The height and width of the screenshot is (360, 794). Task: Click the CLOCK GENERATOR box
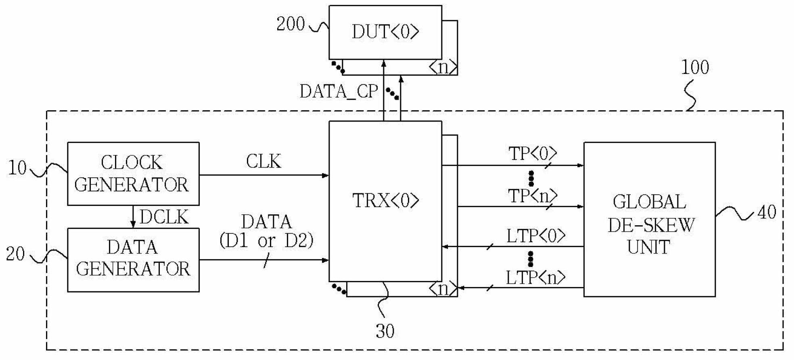133,174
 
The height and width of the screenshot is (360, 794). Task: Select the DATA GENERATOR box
133,260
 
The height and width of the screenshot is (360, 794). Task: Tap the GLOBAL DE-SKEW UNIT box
650,219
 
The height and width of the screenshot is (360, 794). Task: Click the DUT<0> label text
385,31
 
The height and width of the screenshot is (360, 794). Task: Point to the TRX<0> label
386,200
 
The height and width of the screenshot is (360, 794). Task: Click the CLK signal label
263,161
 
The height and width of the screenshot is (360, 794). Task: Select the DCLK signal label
164,217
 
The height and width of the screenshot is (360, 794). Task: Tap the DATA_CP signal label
339,92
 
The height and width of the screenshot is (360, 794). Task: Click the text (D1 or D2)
266,241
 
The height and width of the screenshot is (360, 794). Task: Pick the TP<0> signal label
533,154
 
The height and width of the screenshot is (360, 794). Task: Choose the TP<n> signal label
533,196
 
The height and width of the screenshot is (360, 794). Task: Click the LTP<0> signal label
536,236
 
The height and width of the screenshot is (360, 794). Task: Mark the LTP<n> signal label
536,278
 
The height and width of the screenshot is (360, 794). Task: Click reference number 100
695,67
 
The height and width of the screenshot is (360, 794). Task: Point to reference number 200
290,24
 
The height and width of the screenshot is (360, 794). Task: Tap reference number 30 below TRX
385,331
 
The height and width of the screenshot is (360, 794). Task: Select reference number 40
767,212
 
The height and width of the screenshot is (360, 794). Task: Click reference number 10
17,168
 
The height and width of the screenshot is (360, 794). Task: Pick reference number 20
15,254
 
